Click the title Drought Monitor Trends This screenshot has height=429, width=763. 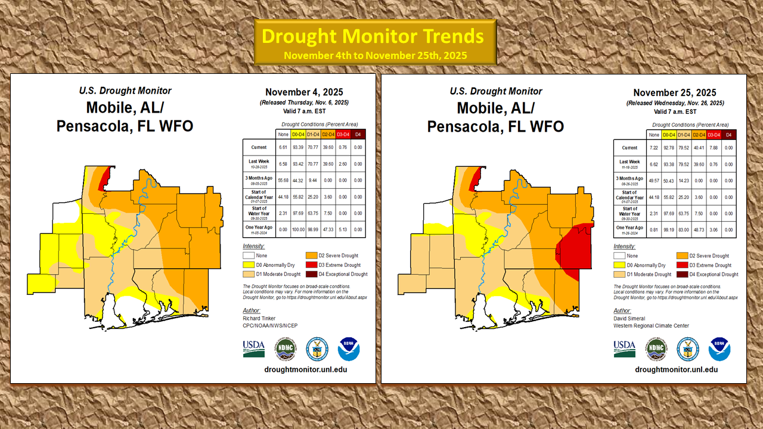point(373,36)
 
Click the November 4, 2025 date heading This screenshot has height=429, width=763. point(303,92)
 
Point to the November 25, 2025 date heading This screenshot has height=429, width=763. point(675,92)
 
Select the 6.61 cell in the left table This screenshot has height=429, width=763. point(284,148)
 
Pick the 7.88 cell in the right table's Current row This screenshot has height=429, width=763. point(714,148)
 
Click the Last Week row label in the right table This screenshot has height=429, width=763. point(629,163)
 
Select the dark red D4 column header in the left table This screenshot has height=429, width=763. point(358,134)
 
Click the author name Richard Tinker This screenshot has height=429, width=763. point(260,319)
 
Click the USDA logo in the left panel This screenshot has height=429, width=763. point(253,349)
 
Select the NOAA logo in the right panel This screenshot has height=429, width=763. point(719,349)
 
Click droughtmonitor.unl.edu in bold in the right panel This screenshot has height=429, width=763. point(676,369)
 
